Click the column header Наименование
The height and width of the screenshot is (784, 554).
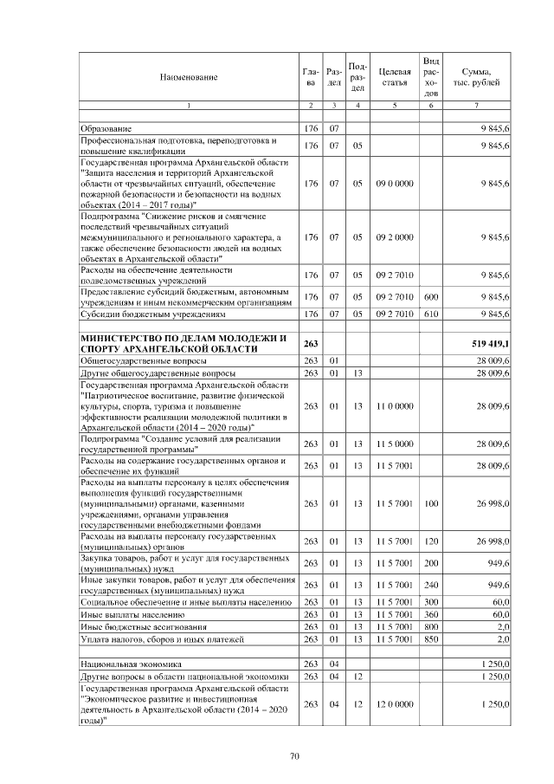click(188, 77)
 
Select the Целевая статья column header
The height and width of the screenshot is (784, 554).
click(394, 76)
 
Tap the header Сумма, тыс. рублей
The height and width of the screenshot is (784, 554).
click(477, 76)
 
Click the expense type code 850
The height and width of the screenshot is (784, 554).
click(431, 638)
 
